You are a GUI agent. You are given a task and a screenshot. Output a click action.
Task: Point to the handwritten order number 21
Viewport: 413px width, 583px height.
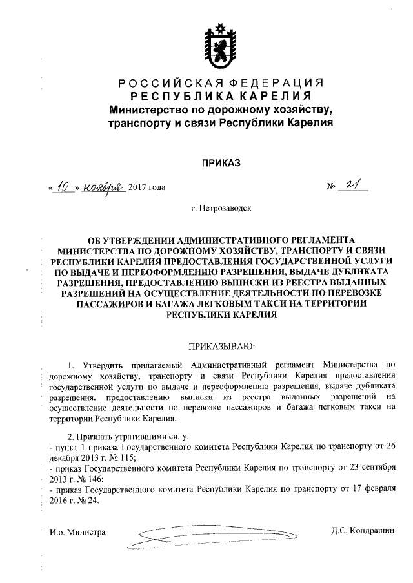tap(353, 186)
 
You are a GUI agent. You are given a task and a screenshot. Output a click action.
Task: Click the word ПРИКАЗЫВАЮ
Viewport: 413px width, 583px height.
tap(221, 347)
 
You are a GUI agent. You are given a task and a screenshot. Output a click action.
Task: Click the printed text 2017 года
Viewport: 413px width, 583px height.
tap(147, 187)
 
